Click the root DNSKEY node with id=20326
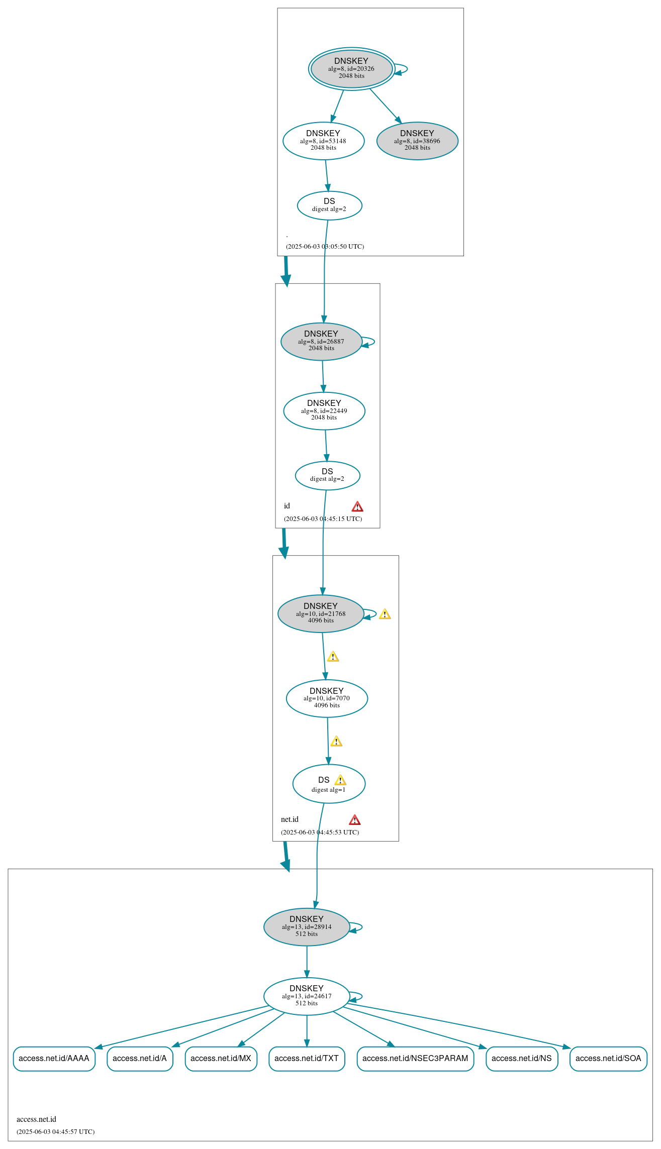(351, 69)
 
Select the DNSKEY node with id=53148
(323, 141)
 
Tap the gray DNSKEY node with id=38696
(417, 141)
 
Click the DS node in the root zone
(329, 205)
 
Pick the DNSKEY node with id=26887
(321, 342)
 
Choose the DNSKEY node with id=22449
(324, 411)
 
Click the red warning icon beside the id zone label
(357, 506)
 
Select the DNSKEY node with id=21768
(321, 614)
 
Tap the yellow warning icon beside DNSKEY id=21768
(385, 614)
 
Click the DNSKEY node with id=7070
(327, 698)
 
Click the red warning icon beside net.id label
(355, 820)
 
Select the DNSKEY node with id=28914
(307, 927)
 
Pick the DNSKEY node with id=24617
(307, 996)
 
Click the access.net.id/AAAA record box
(54, 1059)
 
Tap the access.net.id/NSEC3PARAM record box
(415, 1059)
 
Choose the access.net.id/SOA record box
(608, 1059)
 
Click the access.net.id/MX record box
(221, 1059)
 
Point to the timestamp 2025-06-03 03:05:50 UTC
(325, 247)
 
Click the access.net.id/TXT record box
(307, 1059)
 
